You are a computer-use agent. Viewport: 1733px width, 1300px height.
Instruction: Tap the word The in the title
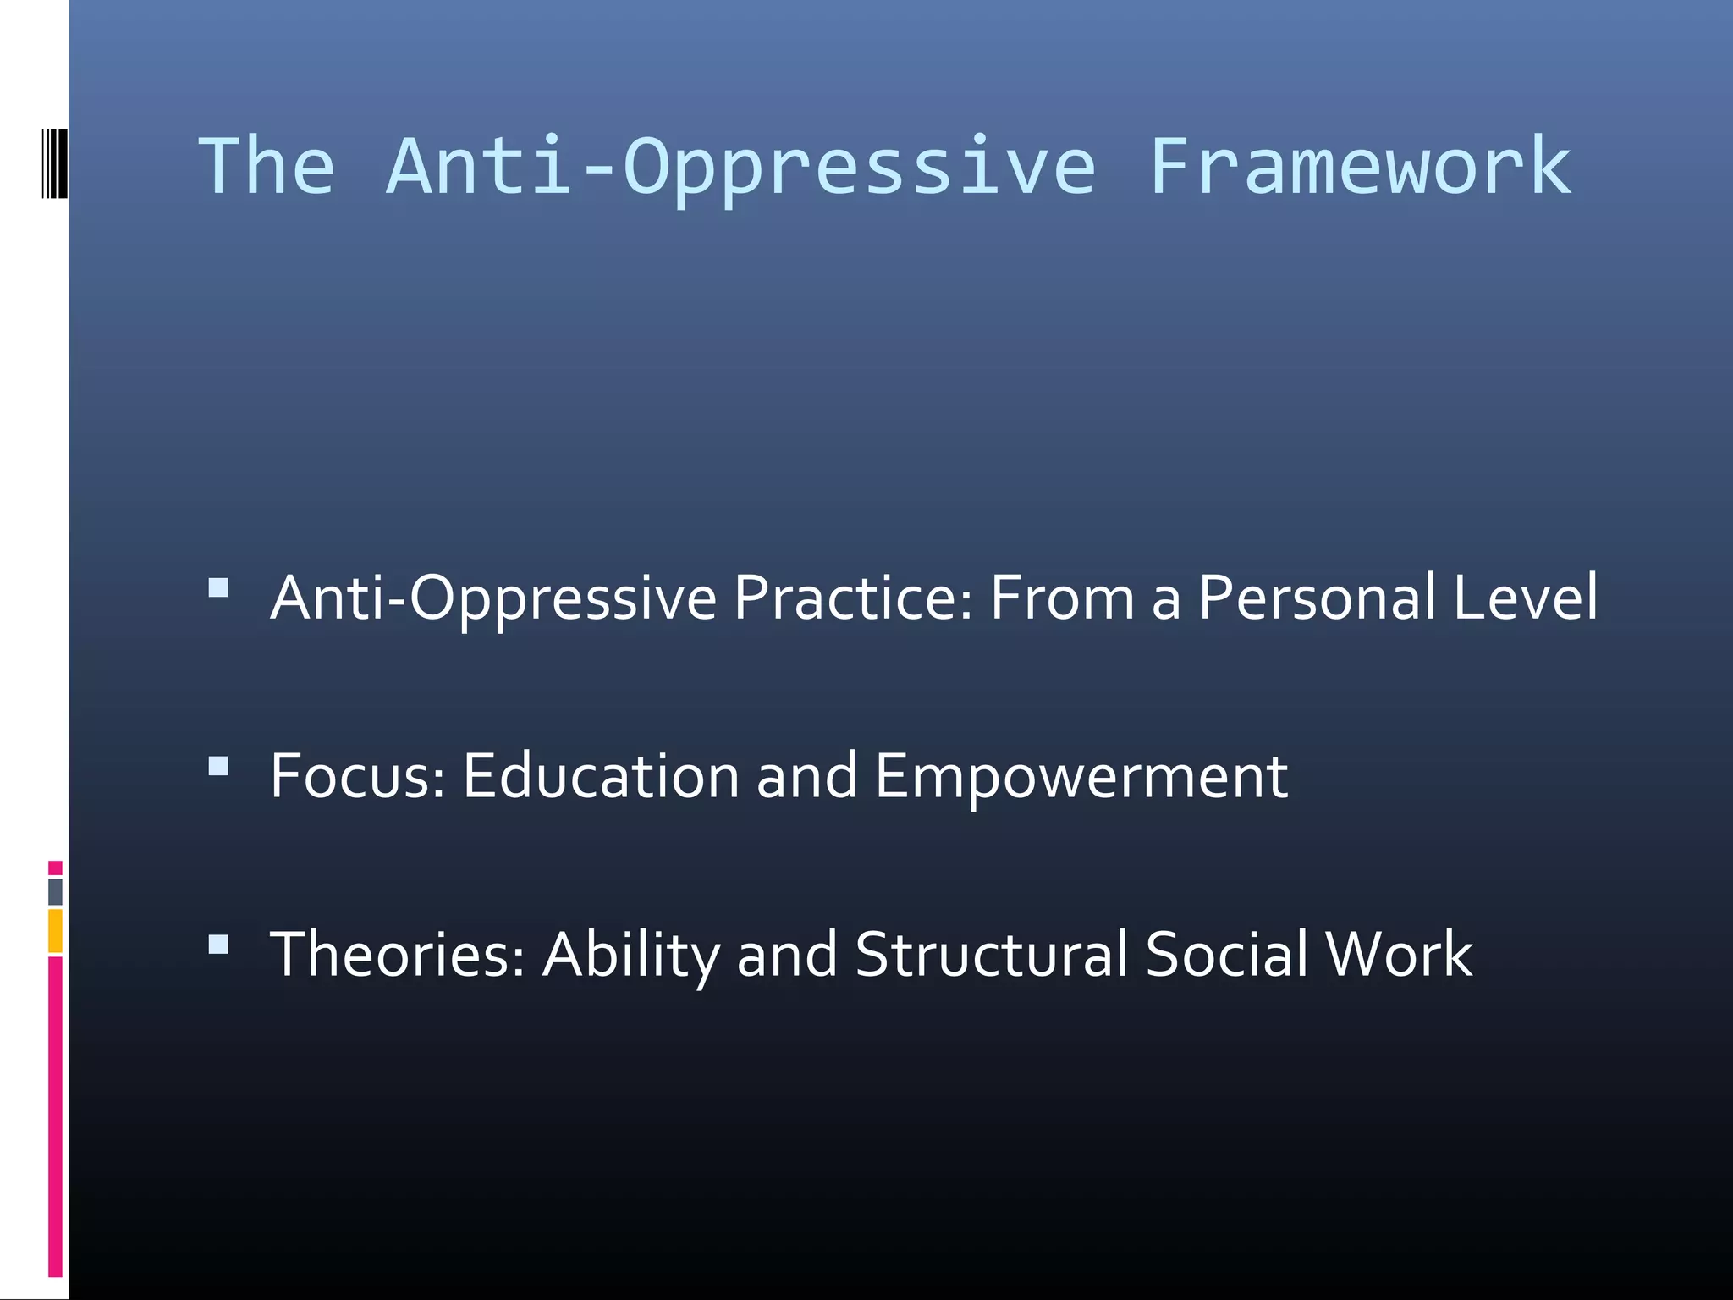[x=267, y=167]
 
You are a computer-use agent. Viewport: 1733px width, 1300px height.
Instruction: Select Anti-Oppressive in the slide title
[x=741, y=167]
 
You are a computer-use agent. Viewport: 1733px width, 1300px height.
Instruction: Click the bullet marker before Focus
[x=218, y=766]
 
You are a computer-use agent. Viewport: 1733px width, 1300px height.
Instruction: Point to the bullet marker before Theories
[x=218, y=945]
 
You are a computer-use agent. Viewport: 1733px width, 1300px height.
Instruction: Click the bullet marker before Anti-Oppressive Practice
[x=218, y=587]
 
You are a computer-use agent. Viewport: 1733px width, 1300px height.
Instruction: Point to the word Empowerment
[x=1081, y=777]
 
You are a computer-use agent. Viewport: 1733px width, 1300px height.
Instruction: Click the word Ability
[x=630, y=956]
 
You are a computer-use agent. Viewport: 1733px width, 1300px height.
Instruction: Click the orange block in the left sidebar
[x=55, y=931]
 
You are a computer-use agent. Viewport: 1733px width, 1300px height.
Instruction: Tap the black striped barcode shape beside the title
[x=54, y=163]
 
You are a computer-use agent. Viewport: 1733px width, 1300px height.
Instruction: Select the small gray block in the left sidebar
[x=55, y=891]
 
